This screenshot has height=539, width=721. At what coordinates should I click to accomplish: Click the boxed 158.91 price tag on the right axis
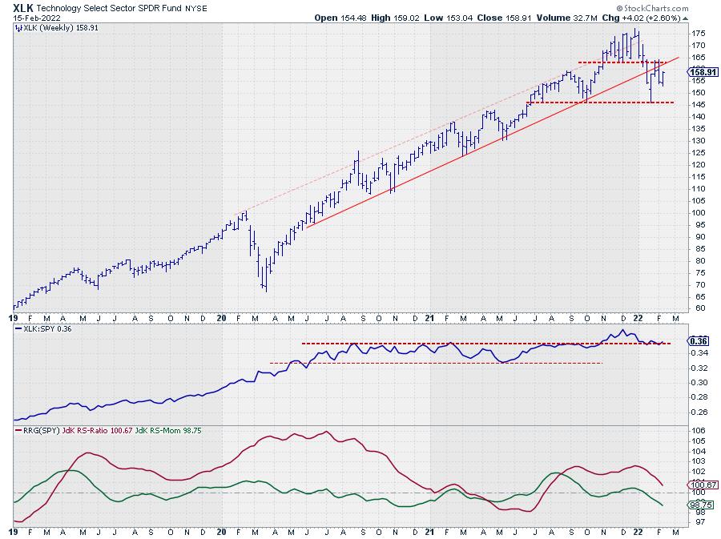point(703,72)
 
